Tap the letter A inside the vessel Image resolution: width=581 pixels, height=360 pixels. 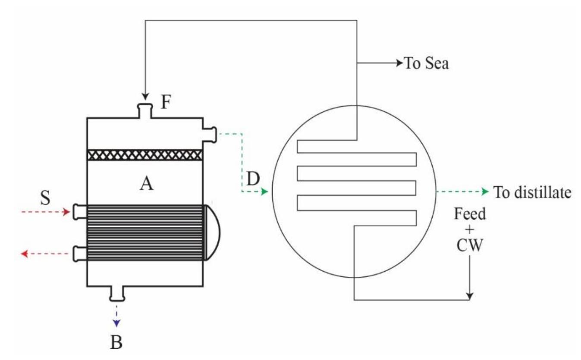(146, 184)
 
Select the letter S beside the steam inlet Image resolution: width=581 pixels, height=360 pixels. (45, 199)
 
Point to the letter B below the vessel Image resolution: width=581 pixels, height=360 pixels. (116, 342)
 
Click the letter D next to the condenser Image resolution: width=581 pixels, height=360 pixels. (253, 178)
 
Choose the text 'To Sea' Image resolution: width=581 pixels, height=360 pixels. (426, 64)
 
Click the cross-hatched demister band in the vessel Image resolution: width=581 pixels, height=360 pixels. (145, 155)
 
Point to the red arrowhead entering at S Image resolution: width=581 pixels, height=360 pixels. (66, 212)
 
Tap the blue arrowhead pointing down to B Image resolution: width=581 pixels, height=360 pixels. (116, 323)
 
